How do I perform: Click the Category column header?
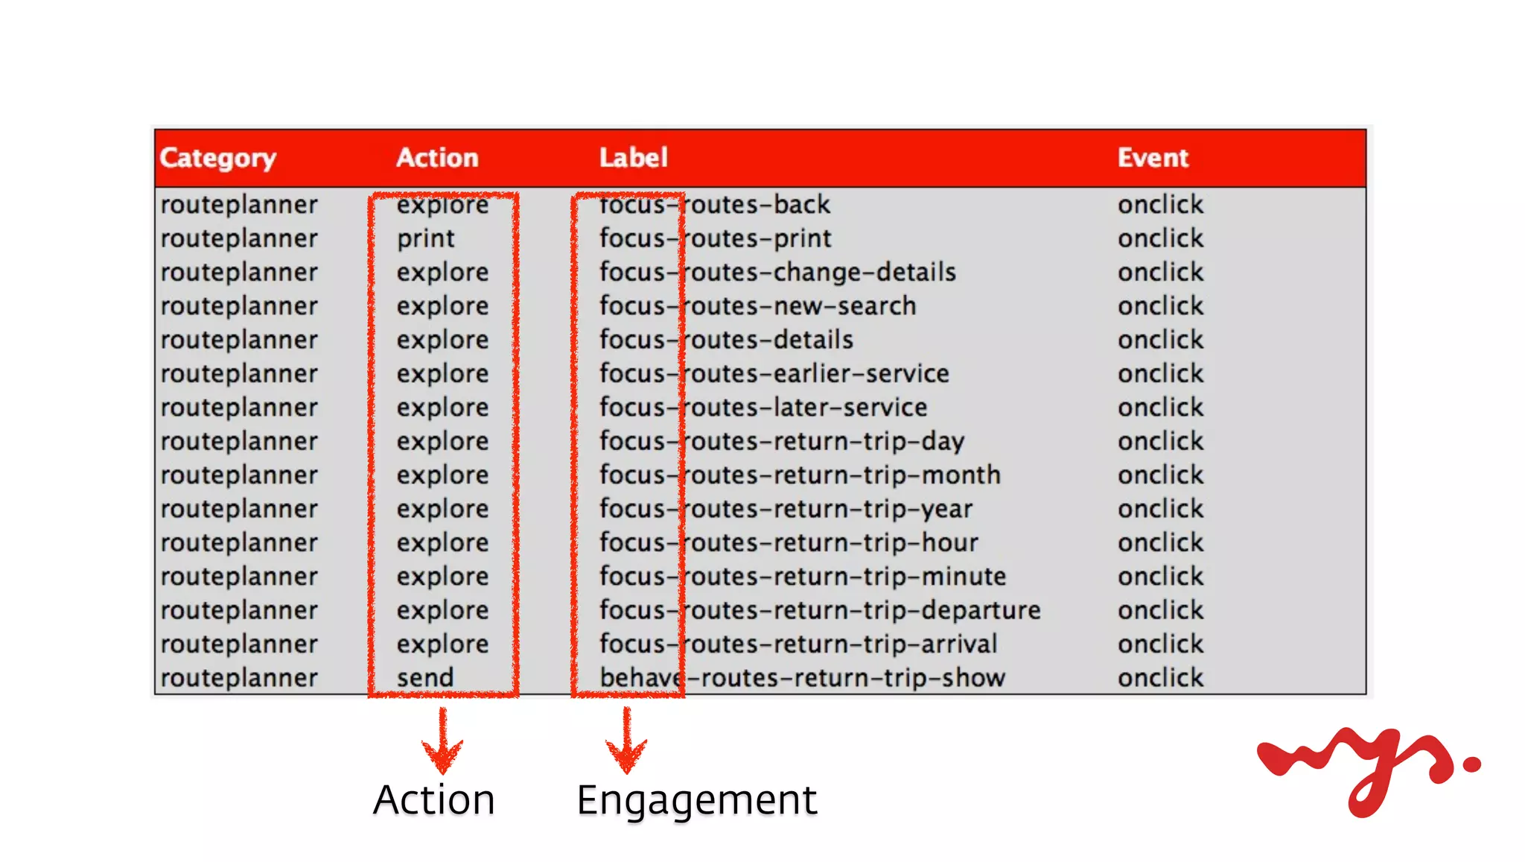coord(217,158)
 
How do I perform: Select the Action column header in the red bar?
coord(437,158)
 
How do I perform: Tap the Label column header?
coord(634,158)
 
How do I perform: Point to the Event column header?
coord(1153,158)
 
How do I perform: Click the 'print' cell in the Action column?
coord(425,238)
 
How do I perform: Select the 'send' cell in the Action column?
coord(425,678)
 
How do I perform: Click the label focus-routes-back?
coord(715,205)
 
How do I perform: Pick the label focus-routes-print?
coord(716,238)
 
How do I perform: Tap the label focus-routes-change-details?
coord(777,273)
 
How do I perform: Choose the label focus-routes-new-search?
coord(757,306)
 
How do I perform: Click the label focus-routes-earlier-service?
coord(774,374)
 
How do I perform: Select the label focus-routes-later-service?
coord(763,408)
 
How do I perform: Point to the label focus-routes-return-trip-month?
coord(800,475)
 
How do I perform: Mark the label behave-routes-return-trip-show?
coord(802,678)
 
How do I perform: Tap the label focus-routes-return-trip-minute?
coord(803,577)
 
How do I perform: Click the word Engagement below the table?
coord(697,800)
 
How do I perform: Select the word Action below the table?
coord(434,800)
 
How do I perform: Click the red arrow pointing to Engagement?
coord(626,741)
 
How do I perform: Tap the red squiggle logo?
coord(1366,767)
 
